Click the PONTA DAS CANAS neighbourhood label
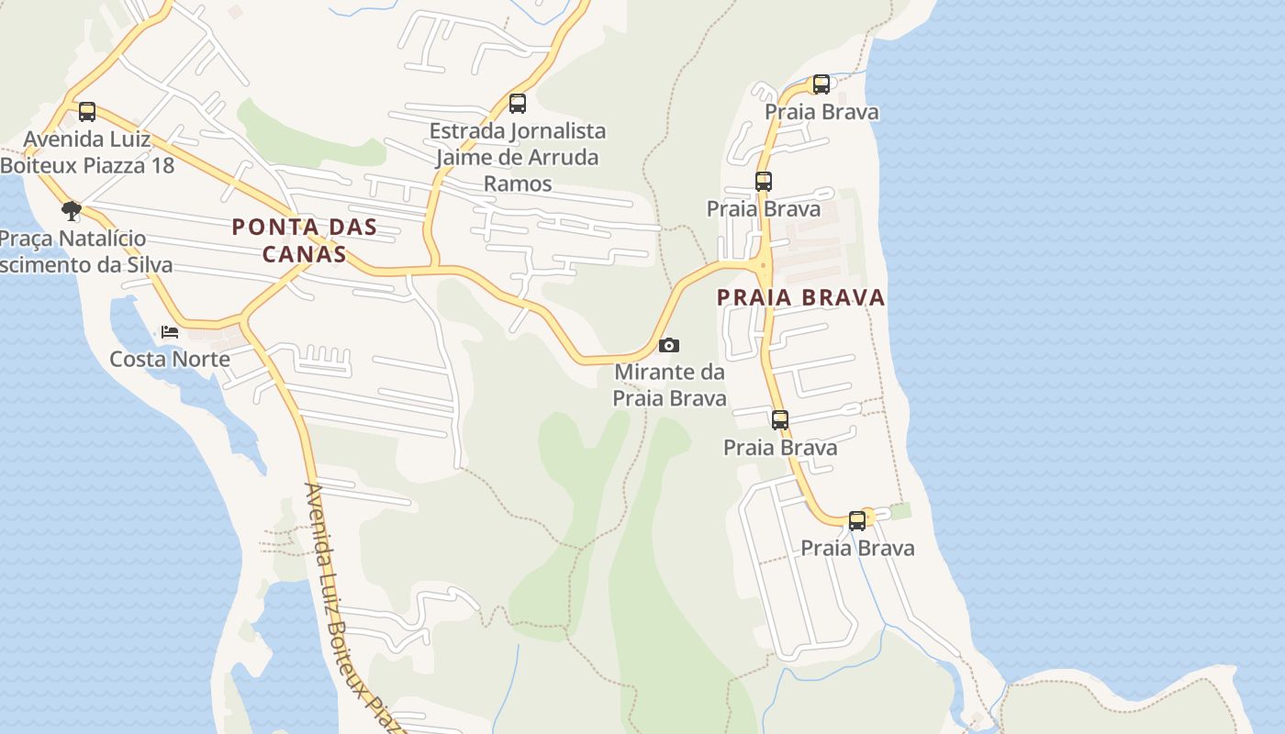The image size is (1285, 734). click(x=305, y=239)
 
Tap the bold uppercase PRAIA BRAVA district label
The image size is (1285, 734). click(x=800, y=297)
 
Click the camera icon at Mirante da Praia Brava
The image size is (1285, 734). click(x=669, y=345)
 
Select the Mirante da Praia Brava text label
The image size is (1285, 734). click(x=669, y=385)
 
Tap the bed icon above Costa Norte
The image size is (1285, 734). click(x=170, y=331)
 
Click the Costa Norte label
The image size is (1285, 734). click(x=170, y=359)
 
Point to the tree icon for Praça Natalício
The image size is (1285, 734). click(x=72, y=212)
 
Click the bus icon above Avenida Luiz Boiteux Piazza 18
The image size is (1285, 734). click(x=87, y=112)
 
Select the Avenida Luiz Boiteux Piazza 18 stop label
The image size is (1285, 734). click(x=86, y=152)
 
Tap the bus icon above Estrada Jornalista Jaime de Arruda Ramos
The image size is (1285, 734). click(x=518, y=104)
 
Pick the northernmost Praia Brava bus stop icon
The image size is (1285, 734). click(x=821, y=84)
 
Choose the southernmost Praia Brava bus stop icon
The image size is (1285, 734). click(x=857, y=521)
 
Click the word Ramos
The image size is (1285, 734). click(x=518, y=183)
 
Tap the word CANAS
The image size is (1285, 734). click(x=305, y=254)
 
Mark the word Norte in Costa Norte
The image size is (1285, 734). click(x=202, y=359)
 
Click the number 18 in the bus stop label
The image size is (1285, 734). click(x=158, y=165)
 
